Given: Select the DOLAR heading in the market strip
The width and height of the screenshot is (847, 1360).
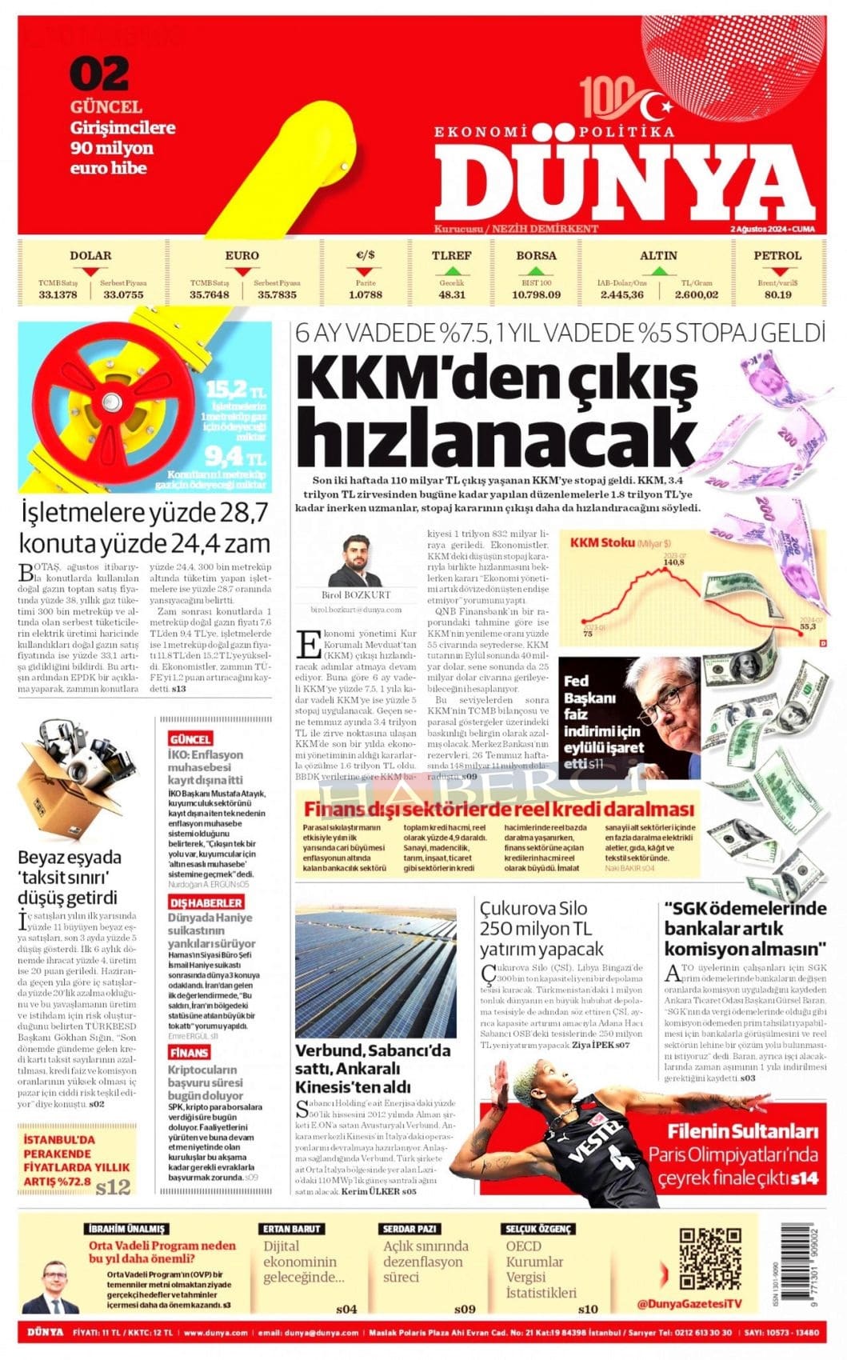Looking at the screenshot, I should pos(90,256).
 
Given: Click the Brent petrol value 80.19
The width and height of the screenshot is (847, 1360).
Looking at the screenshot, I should pos(777,294).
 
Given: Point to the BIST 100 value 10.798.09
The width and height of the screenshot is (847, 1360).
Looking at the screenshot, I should pos(536,294).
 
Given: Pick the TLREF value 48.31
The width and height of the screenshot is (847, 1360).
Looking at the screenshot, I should pos(452,294).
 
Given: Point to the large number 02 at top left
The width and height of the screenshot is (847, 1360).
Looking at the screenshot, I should pos(99,74).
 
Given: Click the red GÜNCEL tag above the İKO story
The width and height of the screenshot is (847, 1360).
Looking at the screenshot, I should pos(190,739).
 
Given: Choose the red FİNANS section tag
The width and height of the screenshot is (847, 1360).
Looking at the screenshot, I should pos(189,1053).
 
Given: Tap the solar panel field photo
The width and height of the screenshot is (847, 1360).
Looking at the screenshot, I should pos(376,970).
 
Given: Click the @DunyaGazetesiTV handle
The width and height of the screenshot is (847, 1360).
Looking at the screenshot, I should pos(689,1304).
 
